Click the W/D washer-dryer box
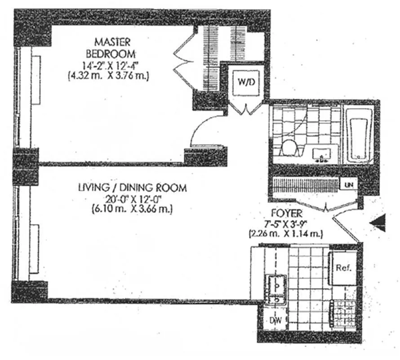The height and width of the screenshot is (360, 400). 246,82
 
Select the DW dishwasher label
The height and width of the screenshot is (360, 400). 276,320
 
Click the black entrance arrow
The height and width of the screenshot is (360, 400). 378,223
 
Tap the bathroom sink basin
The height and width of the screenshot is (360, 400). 322,154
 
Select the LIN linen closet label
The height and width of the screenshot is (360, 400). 348,184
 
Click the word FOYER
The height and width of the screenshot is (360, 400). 286,214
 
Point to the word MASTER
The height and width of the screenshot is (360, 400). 112,42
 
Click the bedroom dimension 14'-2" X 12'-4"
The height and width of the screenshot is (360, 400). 110,66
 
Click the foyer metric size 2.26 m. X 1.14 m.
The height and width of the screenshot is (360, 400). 285,234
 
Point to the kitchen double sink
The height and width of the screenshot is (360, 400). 276,289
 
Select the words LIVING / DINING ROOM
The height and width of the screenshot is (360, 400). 133,188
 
